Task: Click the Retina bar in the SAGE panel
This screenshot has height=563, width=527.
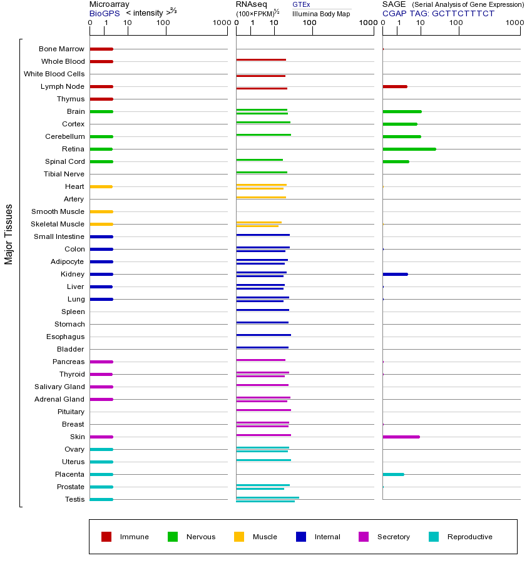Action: pos(409,149)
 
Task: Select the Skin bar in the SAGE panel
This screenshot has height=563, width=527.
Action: pos(401,437)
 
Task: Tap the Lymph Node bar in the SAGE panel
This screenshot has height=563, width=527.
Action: pos(394,86)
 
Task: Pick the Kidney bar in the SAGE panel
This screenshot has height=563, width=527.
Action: pos(395,274)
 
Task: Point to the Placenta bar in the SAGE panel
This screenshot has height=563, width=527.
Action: pos(393,474)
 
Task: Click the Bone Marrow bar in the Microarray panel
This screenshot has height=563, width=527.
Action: pos(101,49)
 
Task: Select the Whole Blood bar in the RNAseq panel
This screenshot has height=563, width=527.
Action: pos(260,60)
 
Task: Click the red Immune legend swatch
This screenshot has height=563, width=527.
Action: pos(106,537)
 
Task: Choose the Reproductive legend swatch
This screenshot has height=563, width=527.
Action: pos(434,537)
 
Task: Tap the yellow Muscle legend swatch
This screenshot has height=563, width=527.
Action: pos(239,537)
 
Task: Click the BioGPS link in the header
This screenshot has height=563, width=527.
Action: pos(104,13)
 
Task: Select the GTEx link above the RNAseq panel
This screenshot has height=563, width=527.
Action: pos(301,4)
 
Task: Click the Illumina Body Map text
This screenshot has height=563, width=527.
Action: pos(322,13)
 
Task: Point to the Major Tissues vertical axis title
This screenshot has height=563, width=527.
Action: pos(9,233)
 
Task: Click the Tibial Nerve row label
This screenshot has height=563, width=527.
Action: pos(64,174)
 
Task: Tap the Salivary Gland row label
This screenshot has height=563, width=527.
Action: pos(59,387)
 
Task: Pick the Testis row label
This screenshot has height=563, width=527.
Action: pos(74,499)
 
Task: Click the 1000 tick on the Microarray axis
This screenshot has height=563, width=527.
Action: pos(220,23)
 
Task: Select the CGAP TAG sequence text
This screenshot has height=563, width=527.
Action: pos(438,13)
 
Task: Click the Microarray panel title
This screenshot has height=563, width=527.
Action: pos(110,4)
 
